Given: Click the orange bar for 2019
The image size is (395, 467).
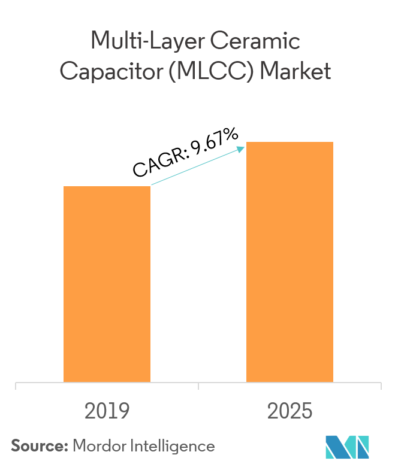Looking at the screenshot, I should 107,284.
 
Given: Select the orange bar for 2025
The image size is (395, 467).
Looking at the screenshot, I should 290,262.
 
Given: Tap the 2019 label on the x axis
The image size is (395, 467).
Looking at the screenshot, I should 107,411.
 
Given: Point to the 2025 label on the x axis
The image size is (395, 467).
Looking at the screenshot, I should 290,411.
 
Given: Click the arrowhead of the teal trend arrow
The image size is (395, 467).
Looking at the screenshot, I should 243,147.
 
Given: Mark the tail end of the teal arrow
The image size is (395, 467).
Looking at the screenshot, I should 152,185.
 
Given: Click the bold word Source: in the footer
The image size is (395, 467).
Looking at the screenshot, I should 39,446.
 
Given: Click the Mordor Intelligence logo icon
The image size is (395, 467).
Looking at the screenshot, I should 347,447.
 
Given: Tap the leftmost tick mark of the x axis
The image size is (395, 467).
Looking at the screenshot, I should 16,386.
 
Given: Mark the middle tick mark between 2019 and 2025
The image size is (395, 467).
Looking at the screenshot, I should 198,386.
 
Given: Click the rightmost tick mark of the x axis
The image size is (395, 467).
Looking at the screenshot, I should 381,386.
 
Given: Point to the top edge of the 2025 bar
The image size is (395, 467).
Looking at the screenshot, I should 290,142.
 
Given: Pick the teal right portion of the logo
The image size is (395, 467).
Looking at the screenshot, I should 361,447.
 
